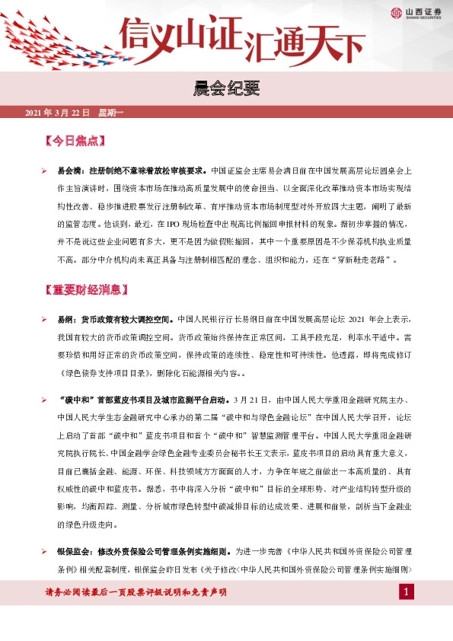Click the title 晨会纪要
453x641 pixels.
[226, 90]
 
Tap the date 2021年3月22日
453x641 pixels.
[57, 113]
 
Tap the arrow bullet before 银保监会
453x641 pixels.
[45, 550]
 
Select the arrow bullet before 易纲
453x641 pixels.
[45, 319]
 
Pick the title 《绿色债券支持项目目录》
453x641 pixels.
[104, 374]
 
